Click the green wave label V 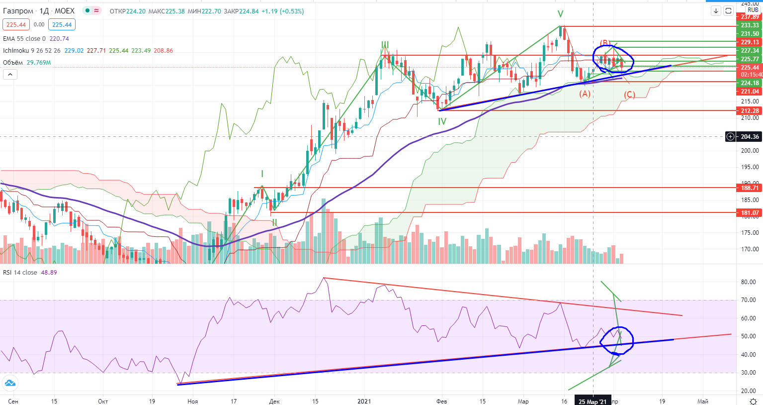560,14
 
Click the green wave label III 385,45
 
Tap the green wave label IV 442,121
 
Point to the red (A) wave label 585,94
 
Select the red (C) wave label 629,95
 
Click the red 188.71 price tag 750,188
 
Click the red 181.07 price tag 750,213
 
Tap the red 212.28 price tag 750,111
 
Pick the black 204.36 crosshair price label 750,137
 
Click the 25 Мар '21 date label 593,402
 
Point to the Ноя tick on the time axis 193,402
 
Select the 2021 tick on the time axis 364,402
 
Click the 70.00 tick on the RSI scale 748,300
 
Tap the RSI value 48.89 49,273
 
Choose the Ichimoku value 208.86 164,51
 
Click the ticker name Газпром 18,11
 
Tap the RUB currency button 753,10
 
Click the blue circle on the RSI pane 617,340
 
